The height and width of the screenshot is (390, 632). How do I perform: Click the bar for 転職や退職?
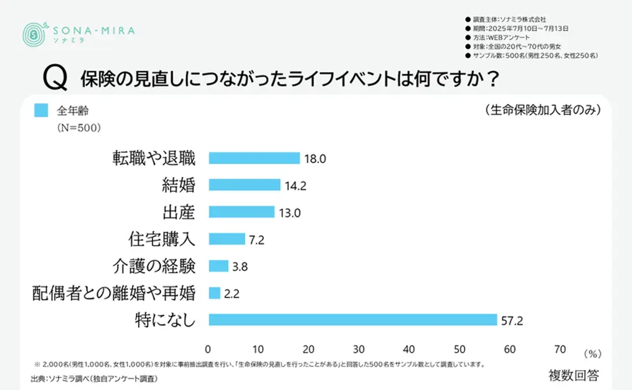pyautogui.click(x=254, y=158)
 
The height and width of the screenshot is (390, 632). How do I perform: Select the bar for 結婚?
pyautogui.click(x=245, y=185)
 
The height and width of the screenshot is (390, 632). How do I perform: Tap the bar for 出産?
pyautogui.click(x=242, y=212)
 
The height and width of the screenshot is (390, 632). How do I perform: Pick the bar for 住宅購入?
pyautogui.click(x=227, y=239)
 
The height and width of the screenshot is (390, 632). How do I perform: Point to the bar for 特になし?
pyautogui.click(x=353, y=320)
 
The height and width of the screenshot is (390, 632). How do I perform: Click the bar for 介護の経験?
pyautogui.click(x=219, y=266)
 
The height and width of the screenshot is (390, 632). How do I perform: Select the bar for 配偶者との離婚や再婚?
pyautogui.click(x=214, y=293)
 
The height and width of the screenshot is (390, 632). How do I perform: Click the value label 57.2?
pyautogui.click(x=511, y=320)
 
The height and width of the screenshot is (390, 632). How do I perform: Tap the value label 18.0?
pyautogui.click(x=315, y=159)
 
